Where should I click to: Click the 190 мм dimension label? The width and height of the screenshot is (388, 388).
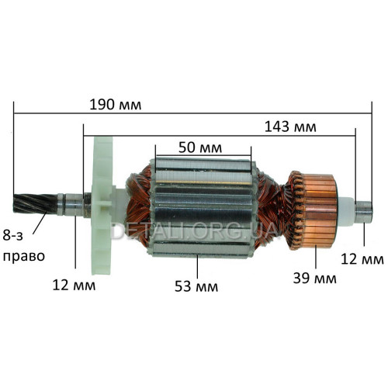(x=116, y=105)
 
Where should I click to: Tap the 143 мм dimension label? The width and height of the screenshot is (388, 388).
(x=290, y=127)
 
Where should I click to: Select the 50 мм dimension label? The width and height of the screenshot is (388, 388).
(x=200, y=148)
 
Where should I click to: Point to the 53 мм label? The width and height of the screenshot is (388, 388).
(x=196, y=286)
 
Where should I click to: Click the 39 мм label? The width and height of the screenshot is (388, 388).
(x=315, y=279)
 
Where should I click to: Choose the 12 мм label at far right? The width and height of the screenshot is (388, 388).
(x=362, y=259)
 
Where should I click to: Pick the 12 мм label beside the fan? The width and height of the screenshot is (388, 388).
(x=74, y=286)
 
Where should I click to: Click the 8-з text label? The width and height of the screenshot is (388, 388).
(x=13, y=235)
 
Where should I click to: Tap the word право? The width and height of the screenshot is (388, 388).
(x=24, y=257)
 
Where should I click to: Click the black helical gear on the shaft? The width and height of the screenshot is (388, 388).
(x=35, y=203)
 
